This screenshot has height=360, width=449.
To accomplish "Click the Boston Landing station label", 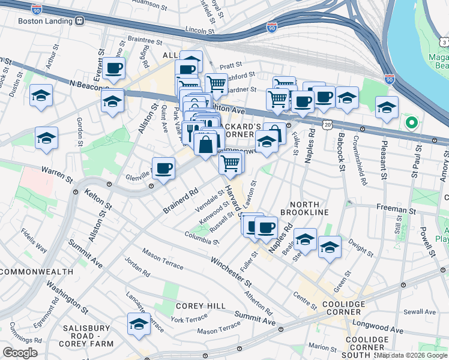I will (x=46, y=20).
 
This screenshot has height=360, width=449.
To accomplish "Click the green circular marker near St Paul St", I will (x=411, y=124).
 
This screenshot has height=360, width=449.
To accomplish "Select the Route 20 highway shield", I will (x=327, y=124).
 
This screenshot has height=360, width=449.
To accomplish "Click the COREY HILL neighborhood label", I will (x=200, y=306).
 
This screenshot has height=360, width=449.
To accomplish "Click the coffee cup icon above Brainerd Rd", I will (x=163, y=167).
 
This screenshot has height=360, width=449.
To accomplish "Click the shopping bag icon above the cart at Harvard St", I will (x=205, y=144).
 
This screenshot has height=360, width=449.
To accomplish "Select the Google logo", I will (x=20, y=352).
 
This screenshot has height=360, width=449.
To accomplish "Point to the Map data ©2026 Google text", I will (x=412, y=355).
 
